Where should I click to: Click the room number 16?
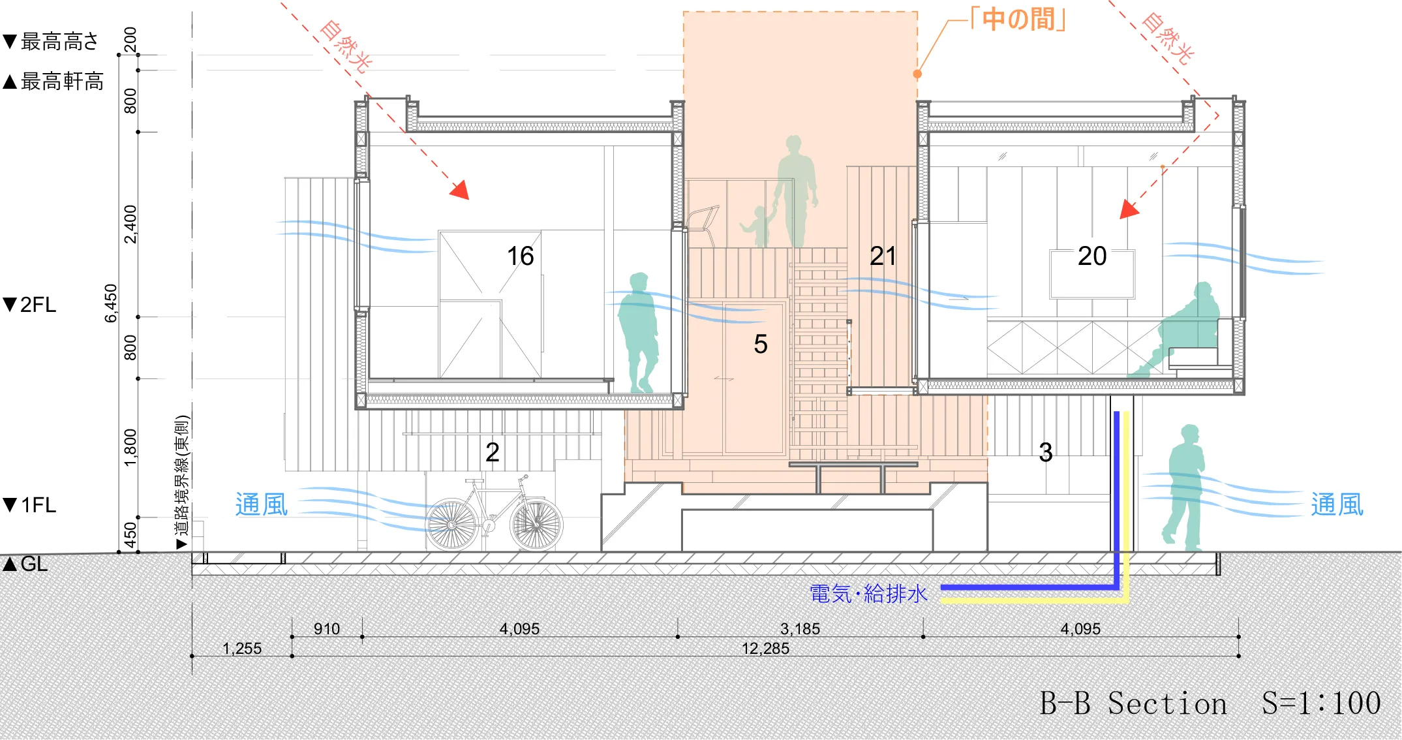[520, 256]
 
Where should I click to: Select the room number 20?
[1092, 256]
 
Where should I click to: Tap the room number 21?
[883, 256]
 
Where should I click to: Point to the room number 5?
[761, 344]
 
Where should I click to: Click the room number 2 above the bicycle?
[493, 452]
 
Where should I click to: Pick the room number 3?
[1046, 452]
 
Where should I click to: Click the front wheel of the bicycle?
[536, 524]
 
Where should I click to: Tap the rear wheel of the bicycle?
[452, 524]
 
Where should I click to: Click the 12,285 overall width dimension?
[765, 649]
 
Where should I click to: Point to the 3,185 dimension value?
[800, 629]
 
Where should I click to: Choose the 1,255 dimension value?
[241, 649]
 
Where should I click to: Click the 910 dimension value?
[326, 629]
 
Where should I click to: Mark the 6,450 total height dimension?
[111, 303]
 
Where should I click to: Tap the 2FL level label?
[30, 305]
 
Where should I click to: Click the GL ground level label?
[26, 564]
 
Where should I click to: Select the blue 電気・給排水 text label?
[868, 594]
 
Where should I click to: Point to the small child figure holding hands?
[758, 226]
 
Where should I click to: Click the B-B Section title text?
[1133, 703]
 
